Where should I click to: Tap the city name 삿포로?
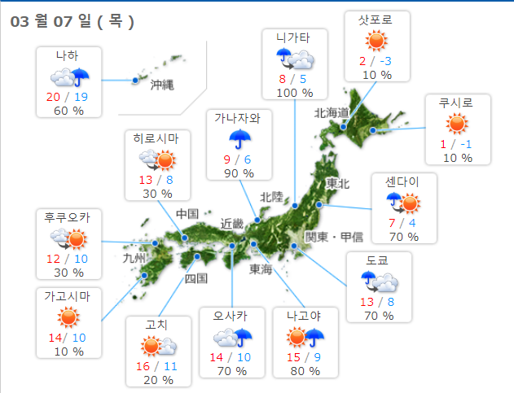click(x=376, y=21)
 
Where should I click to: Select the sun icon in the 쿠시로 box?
click(x=456, y=124)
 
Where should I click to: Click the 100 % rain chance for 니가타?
click(x=295, y=93)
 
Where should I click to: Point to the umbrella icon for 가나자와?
click(x=237, y=138)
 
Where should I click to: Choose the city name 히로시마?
click(x=161, y=138)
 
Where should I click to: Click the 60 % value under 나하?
click(x=68, y=111)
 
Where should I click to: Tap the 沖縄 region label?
click(x=163, y=84)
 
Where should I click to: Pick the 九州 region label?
click(x=133, y=258)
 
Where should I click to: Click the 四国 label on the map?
click(x=196, y=278)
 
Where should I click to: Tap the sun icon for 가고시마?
click(x=68, y=317)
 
